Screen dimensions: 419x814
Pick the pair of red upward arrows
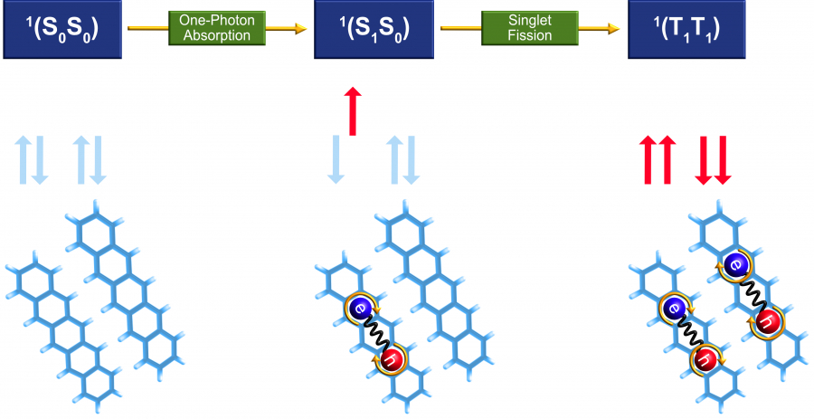pos(658,160)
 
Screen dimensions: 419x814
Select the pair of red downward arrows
pos(712,160)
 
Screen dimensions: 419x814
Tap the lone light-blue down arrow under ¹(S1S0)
pos(336,160)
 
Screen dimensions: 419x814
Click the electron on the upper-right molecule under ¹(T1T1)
pos(734,263)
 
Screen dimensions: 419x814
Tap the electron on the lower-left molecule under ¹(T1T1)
pos(674,309)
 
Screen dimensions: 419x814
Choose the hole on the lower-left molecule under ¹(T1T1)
pos(705,361)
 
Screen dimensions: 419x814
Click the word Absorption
pos(217,36)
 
